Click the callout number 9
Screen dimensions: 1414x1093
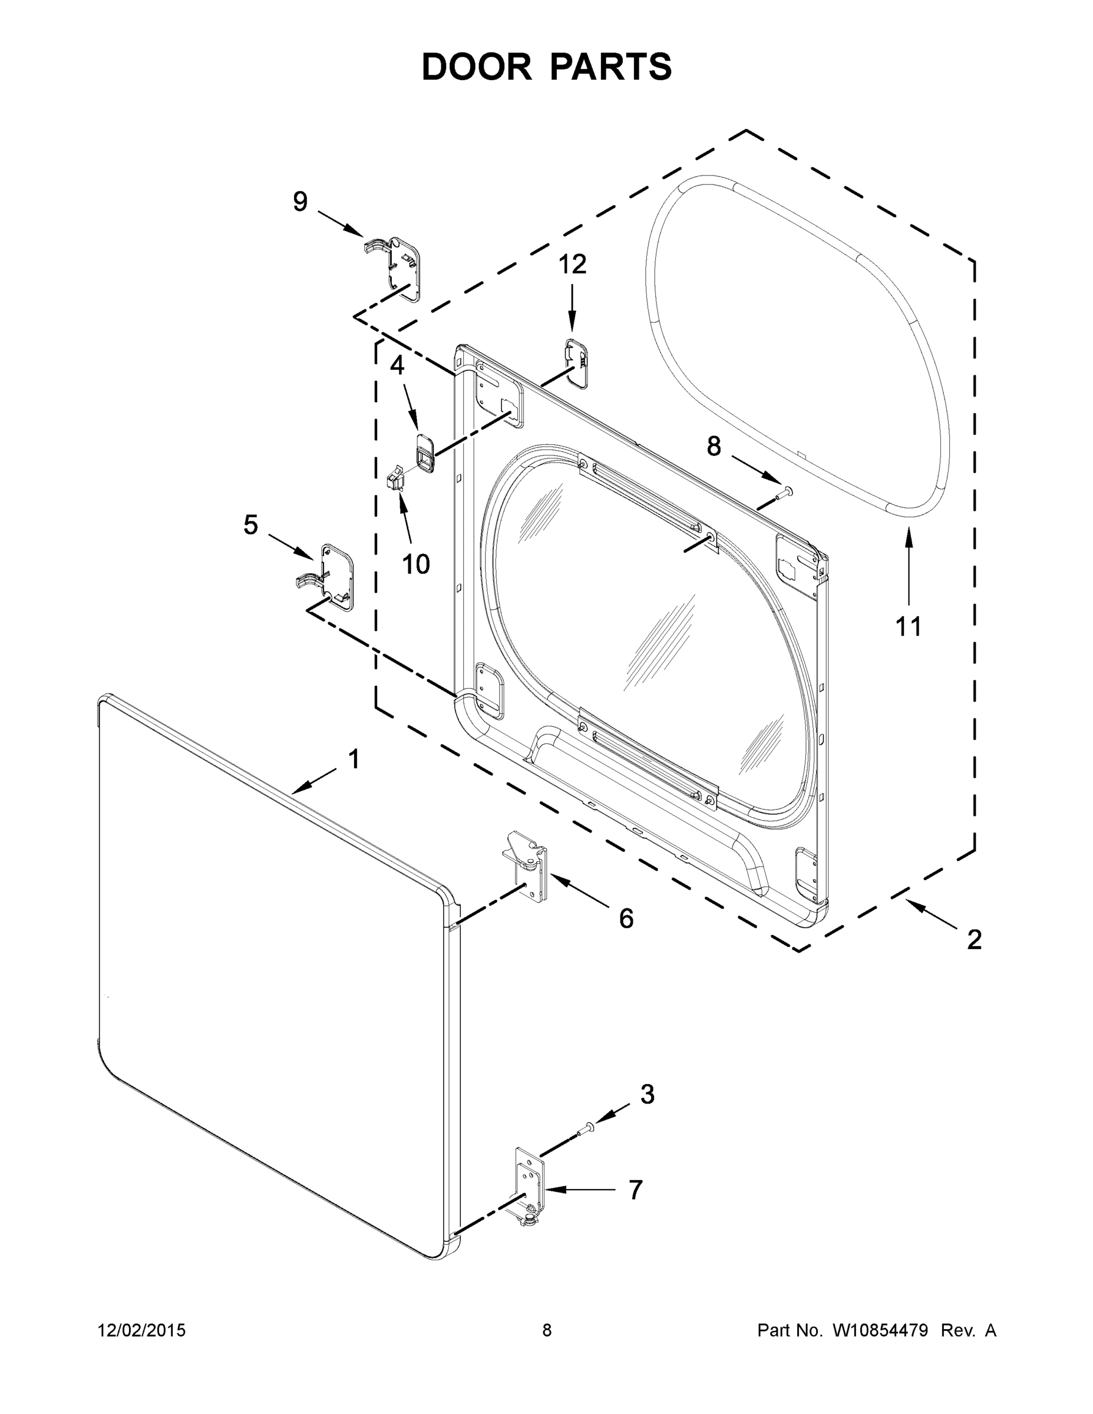click(x=300, y=202)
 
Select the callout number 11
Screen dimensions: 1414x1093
click(x=908, y=626)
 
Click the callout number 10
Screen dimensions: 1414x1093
click(x=416, y=564)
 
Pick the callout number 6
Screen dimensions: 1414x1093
click(x=626, y=918)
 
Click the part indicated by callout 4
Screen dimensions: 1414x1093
click(x=425, y=452)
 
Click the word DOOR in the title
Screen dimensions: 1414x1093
click(x=476, y=67)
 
